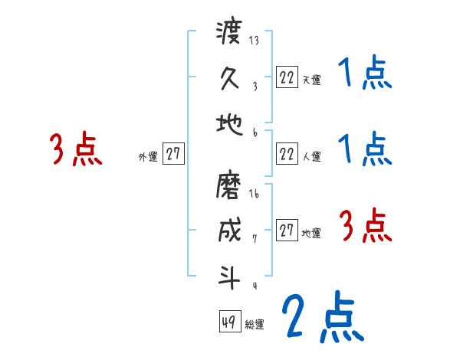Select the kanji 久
229,78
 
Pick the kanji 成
229,231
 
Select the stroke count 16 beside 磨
254,195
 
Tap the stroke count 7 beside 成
254,238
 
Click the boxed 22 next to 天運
287,77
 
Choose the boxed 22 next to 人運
287,154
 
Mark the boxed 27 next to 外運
174,154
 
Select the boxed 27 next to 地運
287,231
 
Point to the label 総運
255,325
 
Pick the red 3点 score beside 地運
365,227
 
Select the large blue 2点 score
321,316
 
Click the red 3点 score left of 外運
75,149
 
